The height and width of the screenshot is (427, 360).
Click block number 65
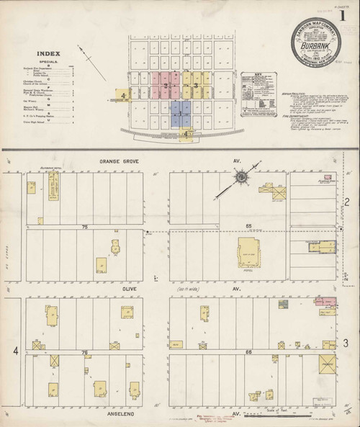249,227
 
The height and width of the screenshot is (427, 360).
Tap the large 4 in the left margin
15,351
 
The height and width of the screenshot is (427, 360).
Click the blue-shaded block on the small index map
181,113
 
